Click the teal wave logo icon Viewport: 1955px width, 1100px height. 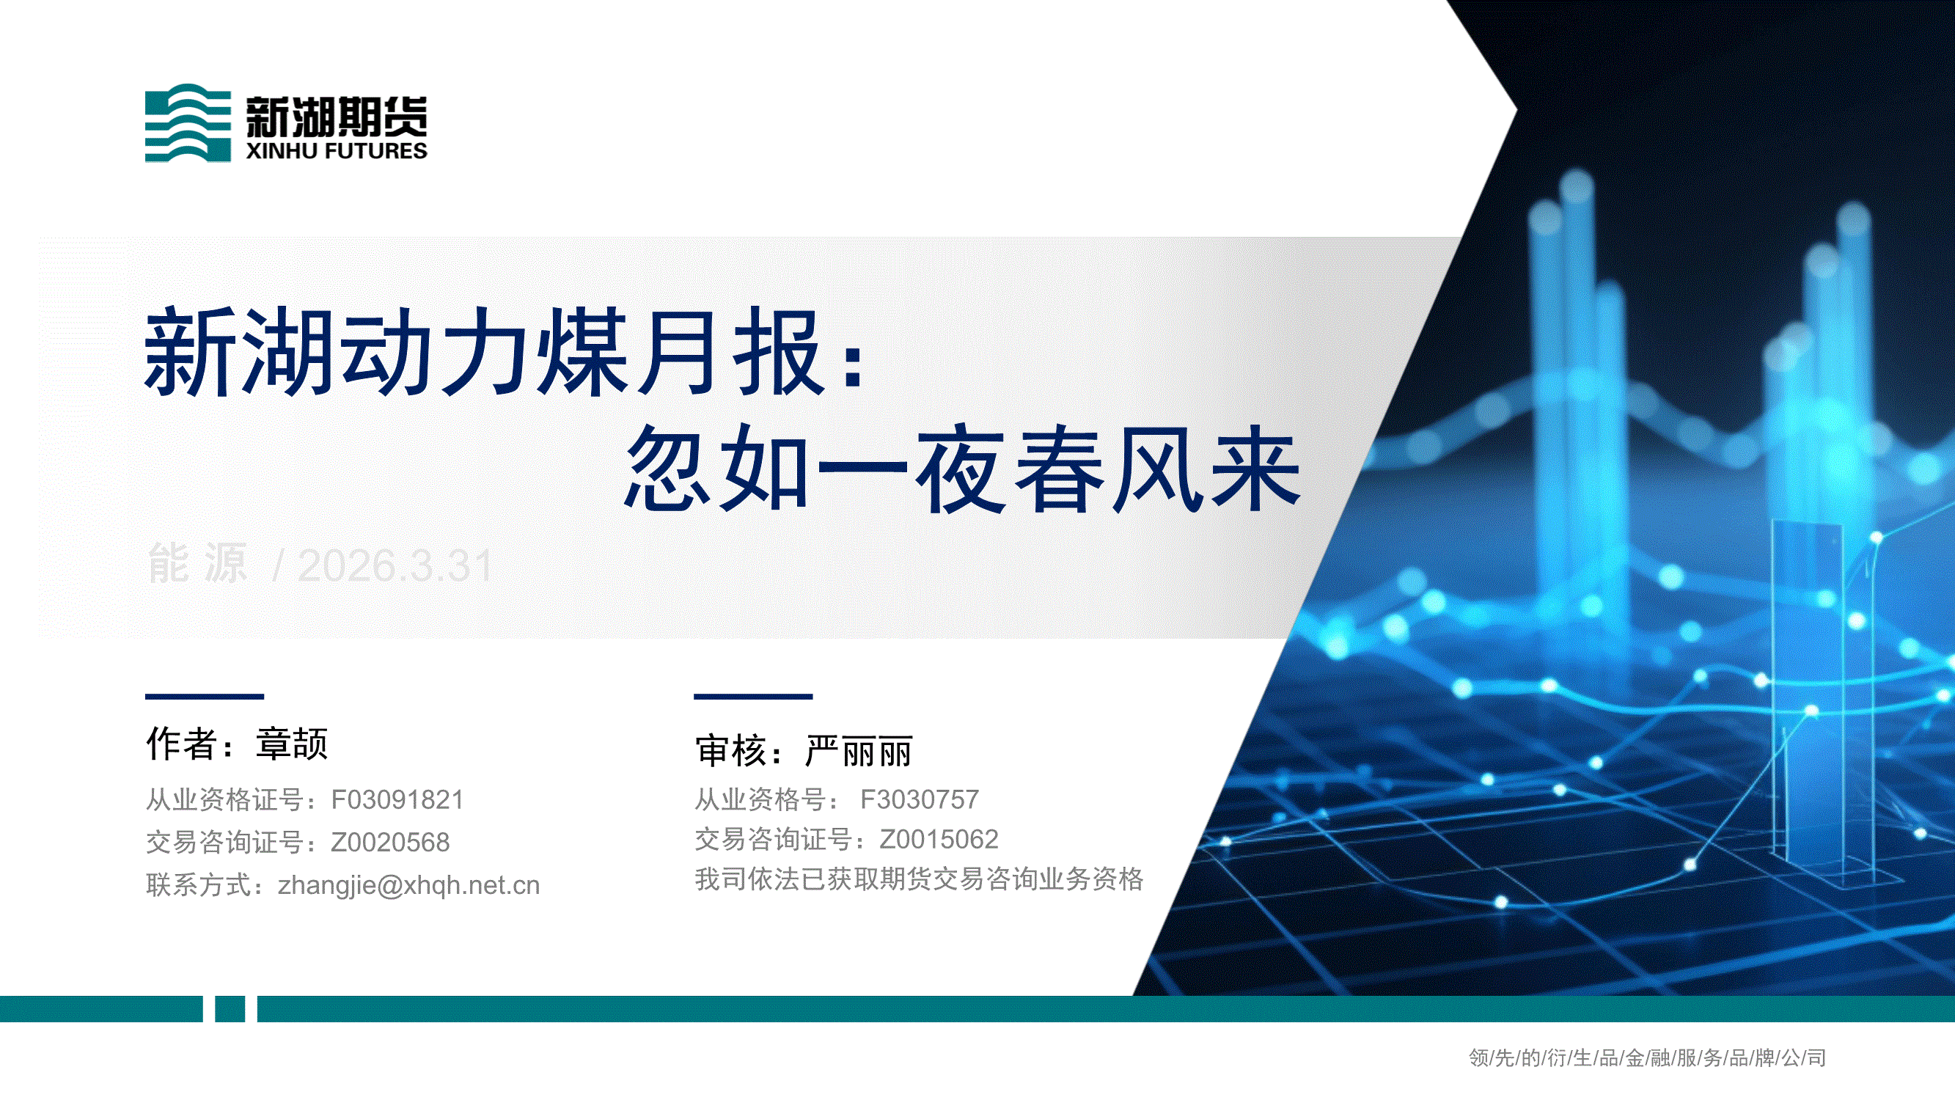(188, 123)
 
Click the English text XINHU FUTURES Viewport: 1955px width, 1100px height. (336, 151)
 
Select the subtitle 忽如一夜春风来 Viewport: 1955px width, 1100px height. (962, 469)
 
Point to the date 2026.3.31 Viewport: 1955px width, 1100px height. (395, 565)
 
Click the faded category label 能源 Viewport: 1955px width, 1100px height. (197, 564)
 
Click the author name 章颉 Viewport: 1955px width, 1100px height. (291, 744)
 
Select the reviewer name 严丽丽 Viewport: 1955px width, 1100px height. (859, 752)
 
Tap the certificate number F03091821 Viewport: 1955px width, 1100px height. (397, 799)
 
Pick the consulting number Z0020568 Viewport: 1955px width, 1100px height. (390, 842)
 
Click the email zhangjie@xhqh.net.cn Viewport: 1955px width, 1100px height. (408, 885)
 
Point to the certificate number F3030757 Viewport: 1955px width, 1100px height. (919, 799)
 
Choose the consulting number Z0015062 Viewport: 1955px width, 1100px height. (939, 839)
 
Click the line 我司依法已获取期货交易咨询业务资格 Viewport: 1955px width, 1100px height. (919, 879)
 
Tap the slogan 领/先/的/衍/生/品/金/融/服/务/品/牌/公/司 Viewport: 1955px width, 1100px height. (1647, 1057)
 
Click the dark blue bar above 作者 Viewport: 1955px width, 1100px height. (204, 696)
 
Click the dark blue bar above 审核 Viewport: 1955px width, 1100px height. (753, 696)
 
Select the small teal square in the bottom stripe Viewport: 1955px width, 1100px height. (230, 1009)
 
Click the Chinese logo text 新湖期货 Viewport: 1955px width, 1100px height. (336, 117)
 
